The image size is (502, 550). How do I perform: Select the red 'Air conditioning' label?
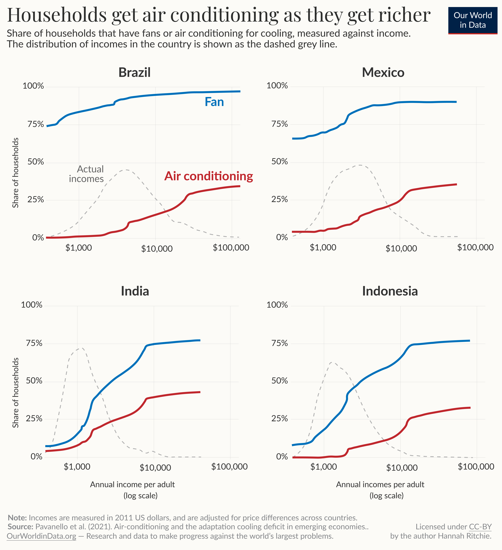(209, 176)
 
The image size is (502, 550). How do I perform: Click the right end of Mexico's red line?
(456, 184)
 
